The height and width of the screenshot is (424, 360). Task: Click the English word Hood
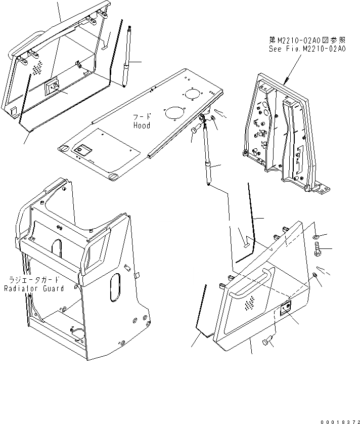142,125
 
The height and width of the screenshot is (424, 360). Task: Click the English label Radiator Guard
34,288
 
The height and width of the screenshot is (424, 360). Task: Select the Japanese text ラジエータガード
33,280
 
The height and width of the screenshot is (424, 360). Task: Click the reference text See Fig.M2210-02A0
306,50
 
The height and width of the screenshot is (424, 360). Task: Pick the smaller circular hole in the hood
192,94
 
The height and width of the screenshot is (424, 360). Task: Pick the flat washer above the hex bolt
316,236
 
